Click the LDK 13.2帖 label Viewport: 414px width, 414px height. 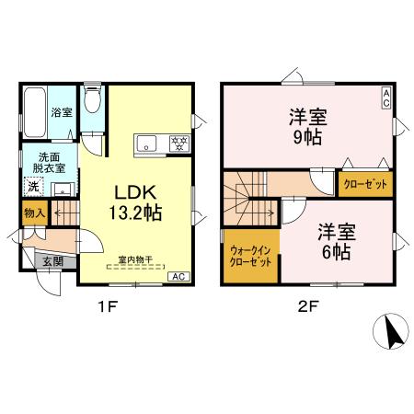(x=137, y=201)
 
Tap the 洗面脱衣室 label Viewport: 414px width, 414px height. (x=40, y=163)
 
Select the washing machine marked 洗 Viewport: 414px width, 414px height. (x=33, y=187)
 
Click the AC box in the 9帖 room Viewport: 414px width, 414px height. (x=386, y=98)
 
